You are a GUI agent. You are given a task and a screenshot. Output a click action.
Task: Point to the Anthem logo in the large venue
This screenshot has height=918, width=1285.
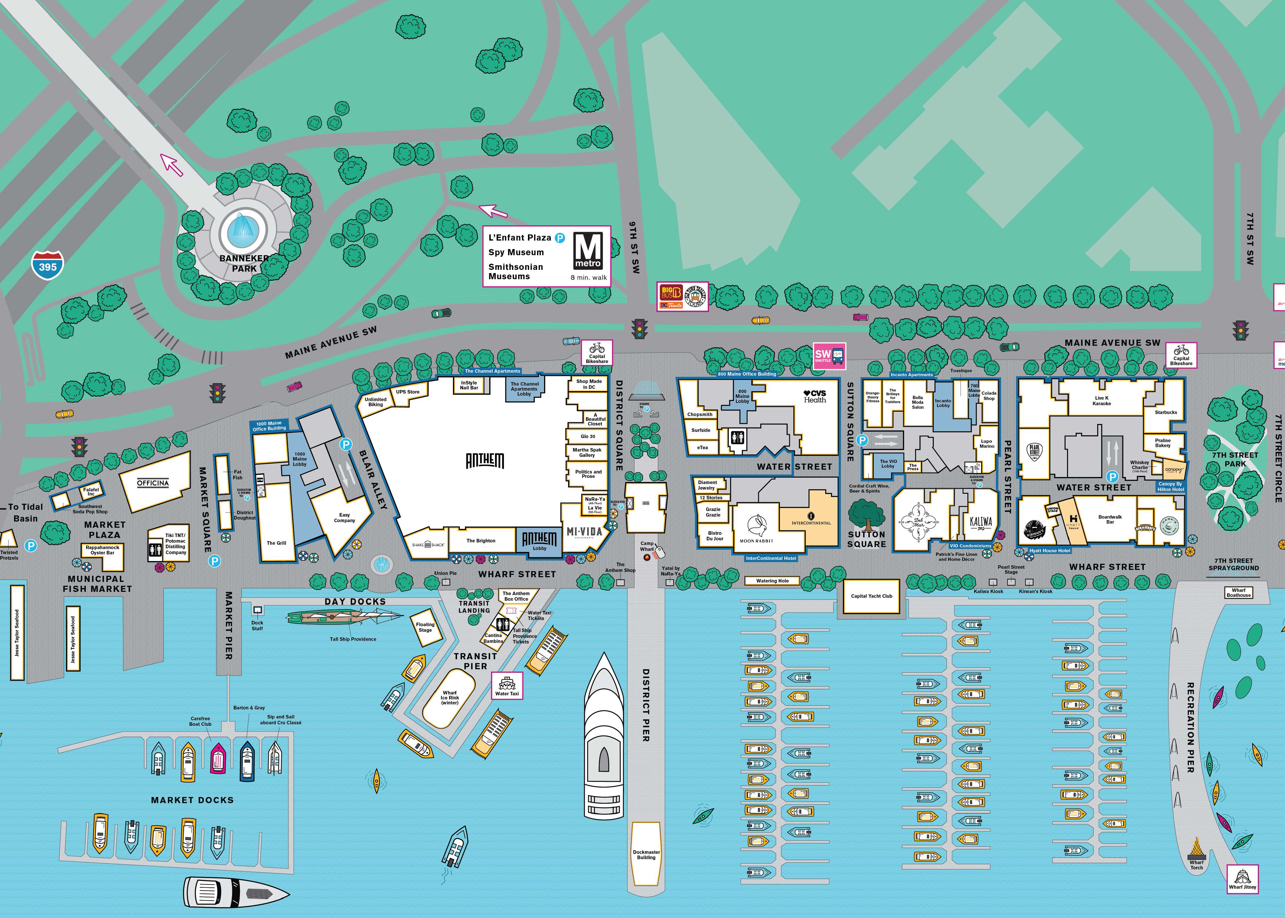(485, 461)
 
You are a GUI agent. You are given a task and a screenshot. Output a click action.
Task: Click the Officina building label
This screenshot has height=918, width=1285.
(153, 483)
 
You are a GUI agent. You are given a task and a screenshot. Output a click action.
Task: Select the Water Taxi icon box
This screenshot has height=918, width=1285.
(507, 685)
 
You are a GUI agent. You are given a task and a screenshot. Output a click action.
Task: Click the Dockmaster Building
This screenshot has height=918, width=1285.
(646, 854)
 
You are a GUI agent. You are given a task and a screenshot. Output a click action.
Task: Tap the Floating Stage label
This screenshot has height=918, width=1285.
(425, 627)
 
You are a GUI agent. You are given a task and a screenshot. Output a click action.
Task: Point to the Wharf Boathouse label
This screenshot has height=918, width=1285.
(1238, 592)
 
